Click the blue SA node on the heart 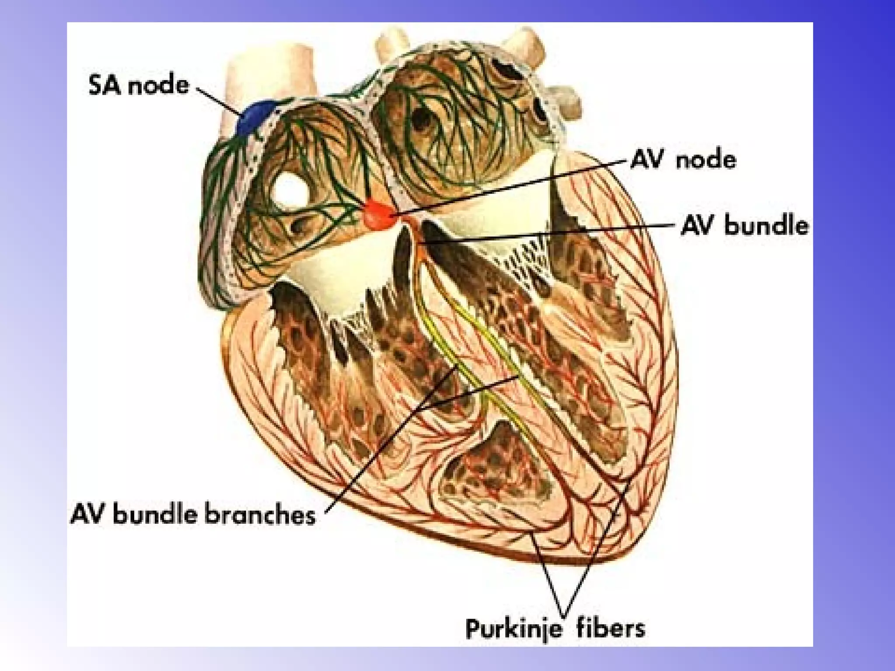256,117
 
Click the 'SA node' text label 139,85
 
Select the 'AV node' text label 683,160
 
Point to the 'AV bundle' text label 744,226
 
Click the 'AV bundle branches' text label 193,514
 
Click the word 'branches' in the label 260,514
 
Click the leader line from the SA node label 218,101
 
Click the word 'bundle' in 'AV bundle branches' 155,514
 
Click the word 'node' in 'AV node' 706,160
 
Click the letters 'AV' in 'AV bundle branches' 88,514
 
